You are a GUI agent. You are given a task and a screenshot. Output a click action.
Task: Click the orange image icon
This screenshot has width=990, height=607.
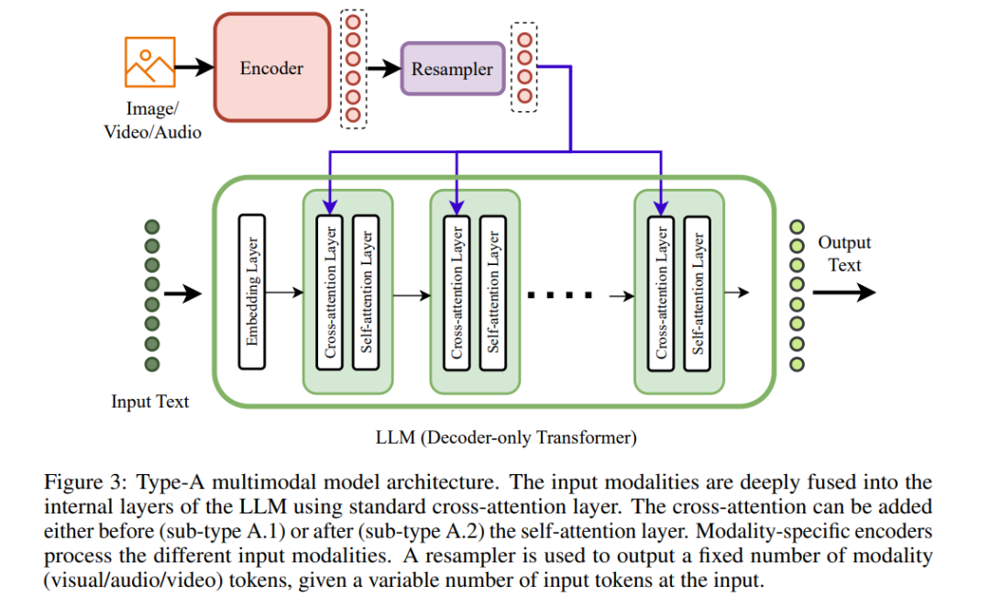click(149, 62)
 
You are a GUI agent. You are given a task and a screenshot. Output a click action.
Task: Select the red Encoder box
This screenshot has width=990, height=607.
click(272, 68)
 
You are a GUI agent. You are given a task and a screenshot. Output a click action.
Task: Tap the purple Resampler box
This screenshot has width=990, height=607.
click(453, 69)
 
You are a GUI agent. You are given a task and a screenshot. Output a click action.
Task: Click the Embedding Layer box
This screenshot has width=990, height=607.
click(252, 292)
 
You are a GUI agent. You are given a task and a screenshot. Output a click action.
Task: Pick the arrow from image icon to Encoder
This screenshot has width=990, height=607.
click(194, 66)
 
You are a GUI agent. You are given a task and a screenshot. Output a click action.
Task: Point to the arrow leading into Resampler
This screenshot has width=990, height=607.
click(383, 68)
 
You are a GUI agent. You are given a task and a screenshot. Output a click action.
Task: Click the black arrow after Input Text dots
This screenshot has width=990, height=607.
click(183, 293)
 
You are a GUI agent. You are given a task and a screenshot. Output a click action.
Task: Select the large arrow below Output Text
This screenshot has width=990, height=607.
click(844, 292)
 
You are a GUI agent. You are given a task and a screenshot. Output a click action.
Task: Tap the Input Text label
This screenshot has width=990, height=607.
click(150, 402)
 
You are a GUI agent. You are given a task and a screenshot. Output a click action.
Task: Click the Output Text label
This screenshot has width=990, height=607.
click(844, 253)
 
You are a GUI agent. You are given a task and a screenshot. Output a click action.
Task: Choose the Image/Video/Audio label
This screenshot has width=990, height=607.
click(152, 120)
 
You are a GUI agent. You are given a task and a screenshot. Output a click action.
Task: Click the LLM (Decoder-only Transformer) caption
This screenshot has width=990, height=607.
click(506, 437)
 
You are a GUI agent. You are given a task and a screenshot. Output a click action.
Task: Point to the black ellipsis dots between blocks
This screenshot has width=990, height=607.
click(560, 295)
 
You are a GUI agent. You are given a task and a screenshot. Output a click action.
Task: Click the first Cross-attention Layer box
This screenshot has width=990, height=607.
click(330, 292)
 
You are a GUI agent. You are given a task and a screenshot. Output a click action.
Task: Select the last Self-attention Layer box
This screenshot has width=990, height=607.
click(698, 293)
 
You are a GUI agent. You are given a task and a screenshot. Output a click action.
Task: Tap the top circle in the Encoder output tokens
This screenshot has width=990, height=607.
click(353, 22)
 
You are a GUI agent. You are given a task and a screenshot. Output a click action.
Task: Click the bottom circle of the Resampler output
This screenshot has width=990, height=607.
click(524, 96)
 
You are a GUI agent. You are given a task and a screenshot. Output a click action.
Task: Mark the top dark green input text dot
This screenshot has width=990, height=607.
click(152, 226)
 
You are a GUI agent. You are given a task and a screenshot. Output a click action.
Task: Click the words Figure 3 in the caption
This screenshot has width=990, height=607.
click(82, 482)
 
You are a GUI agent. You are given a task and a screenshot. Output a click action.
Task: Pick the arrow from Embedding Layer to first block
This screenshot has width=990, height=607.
click(285, 292)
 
